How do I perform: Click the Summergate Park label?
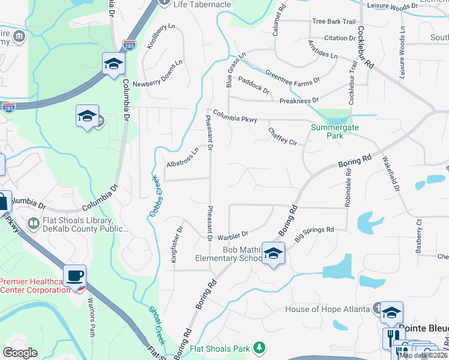coord(327,131)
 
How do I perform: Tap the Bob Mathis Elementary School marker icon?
coord(273,254)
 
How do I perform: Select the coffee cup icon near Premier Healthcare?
coord(75,276)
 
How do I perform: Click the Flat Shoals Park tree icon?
coord(259,347)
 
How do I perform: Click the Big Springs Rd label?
coord(314,233)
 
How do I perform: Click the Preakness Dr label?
coord(299,101)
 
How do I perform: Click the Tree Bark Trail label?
coord(334,22)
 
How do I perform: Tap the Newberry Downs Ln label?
coord(157,74)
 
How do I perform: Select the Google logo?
coord(20,352)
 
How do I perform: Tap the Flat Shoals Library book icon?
coord(34,224)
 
